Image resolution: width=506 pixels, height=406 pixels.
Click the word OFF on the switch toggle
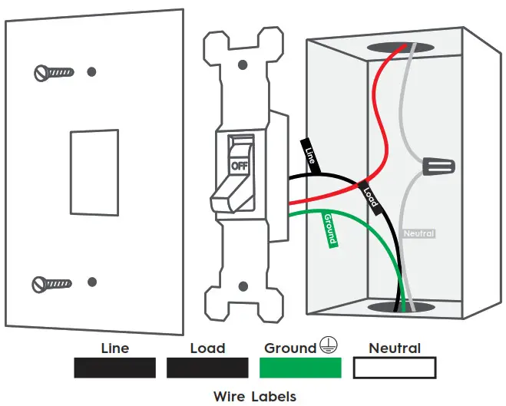pyautogui.click(x=240, y=165)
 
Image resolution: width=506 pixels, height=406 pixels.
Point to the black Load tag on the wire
pyautogui.click(x=370, y=197)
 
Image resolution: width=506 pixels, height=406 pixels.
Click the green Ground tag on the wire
pyautogui.click(x=329, y=229)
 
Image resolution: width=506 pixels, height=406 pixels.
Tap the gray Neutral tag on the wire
pyautogui.click(x=419, y=233)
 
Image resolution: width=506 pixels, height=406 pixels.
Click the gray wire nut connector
pyautogui.click(x=438, y=165)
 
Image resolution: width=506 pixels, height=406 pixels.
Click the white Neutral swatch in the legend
pyautogui.click(x=395, y=368)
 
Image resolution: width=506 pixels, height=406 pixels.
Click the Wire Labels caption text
pyautogui.click(x=254, y=397)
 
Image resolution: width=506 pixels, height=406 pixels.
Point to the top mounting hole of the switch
pyautogui.click(x=243, y=54)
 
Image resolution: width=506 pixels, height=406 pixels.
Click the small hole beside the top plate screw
pyautogui.click(x=92, y=72)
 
